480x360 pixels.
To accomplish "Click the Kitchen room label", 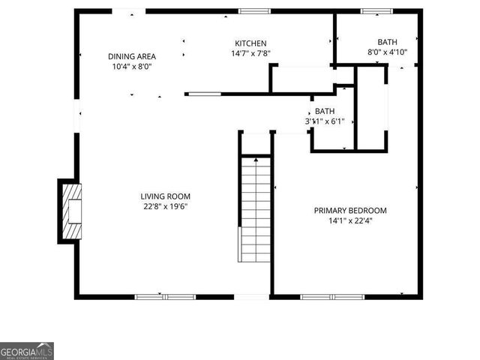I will [250, 43].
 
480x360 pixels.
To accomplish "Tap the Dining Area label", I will [131, 56].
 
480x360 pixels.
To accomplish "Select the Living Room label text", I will [165, 196].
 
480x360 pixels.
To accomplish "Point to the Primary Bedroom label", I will [350, 211].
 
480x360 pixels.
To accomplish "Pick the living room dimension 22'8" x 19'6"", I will [165, 206].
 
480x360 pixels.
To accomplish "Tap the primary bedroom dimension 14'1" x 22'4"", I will [350, 221].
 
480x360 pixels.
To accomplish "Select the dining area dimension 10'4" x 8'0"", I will [131, 66].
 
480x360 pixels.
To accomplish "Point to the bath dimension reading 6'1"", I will [333, 121].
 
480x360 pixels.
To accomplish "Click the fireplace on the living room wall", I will [69, 211].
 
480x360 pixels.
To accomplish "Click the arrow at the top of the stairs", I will [256, 160].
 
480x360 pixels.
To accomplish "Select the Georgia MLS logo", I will [27, 351].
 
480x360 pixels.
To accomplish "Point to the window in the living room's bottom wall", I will [165, 297].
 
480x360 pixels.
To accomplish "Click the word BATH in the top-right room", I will [388, 43].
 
